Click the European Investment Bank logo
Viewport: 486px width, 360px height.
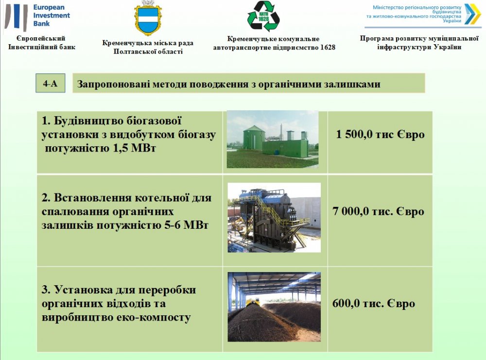coord(37,17)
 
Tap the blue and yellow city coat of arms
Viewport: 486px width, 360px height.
coord(148,17)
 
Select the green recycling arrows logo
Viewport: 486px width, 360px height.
coord(263,16)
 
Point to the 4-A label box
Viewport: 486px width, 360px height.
coord(50,83)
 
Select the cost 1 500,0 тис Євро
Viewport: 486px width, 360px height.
coord(381,134)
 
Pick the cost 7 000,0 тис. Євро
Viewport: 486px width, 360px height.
coord(378,211)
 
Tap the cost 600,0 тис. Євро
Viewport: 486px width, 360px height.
coord(373,303)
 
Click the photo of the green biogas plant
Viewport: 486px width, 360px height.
coord(273,139)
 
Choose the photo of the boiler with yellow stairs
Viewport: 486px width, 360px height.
coord(274,217)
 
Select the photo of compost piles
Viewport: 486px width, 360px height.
coord(274,307)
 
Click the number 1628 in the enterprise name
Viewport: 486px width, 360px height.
coord(328,48)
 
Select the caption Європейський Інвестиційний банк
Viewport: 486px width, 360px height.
coord(41,43)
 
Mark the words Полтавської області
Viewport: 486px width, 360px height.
coord(148,51)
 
